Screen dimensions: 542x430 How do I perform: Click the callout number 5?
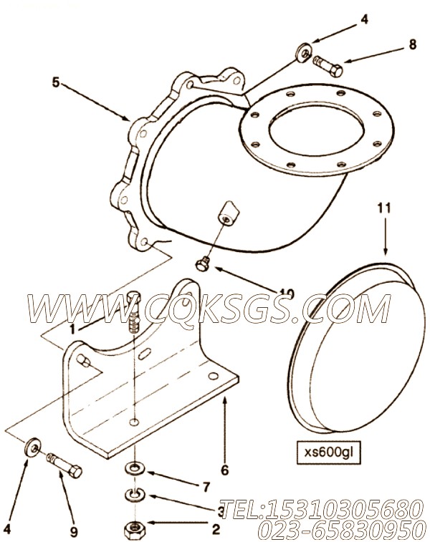tap(54, 82)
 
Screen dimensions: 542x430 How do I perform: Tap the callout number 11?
tap(384, 208)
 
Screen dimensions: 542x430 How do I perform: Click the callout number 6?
tap(224, 470)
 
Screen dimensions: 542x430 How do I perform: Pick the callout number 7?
tap(206, 486)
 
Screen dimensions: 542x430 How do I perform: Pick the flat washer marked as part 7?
tap(134, 469)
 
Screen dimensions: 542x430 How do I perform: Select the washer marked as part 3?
tap(134, 494)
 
